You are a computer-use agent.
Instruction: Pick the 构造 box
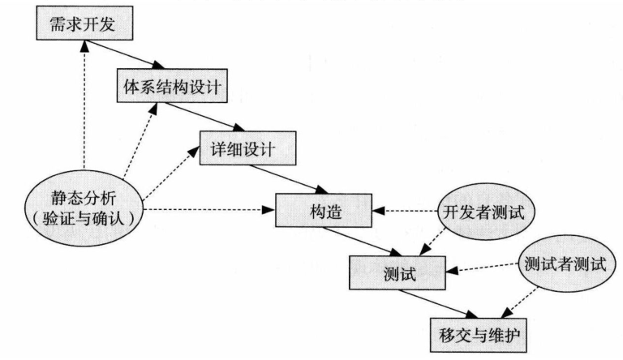tap(324, 212)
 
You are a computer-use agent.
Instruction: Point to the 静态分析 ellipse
tap(85, 206)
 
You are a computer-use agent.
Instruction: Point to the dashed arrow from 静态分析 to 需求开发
tap(83, 105)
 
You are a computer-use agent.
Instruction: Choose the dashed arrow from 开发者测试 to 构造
tap(406, 212)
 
